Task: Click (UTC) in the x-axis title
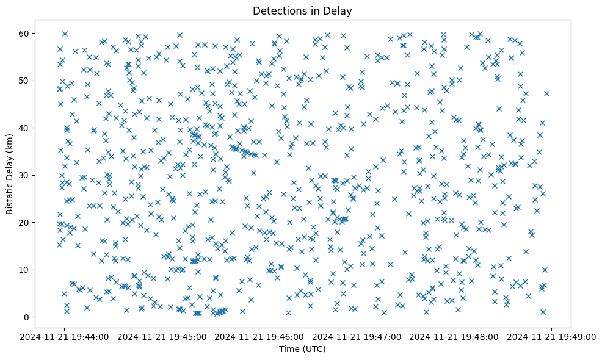pyautogui.click(x=312, y=349)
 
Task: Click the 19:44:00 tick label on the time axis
pyautogui.click(x=65, y=336)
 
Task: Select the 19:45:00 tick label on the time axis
pyautogui.click(x=162, y=336)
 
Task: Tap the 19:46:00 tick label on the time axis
pyautogui.click(x=259, y=336)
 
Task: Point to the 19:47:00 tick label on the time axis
pyautogui.click(x=357, y=336)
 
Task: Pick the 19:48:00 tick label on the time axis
pyautogui.click(x=454, y=336)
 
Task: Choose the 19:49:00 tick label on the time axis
pyautogui.click(x=552, y=336)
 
